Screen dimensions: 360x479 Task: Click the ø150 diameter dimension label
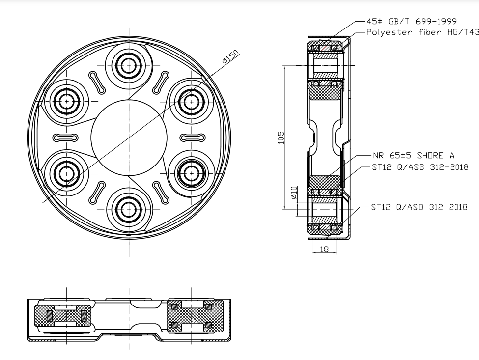[x=230, y=57]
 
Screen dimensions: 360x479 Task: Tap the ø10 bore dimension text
[x=294, y=192]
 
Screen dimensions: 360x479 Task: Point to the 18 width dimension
[x=324, y=249]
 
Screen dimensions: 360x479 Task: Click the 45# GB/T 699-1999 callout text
[x=412, y=22]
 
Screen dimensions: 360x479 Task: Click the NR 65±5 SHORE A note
[x=414, y=156]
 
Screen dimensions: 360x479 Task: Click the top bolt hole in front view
[x=129, y=66]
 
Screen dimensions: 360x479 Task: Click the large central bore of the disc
[x=129, y=138]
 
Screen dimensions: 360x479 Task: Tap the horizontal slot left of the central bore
[x=66, y=138]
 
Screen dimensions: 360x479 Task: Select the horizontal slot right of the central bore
[x=194, y=138]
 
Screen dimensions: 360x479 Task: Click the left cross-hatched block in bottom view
[x=62, y=315]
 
